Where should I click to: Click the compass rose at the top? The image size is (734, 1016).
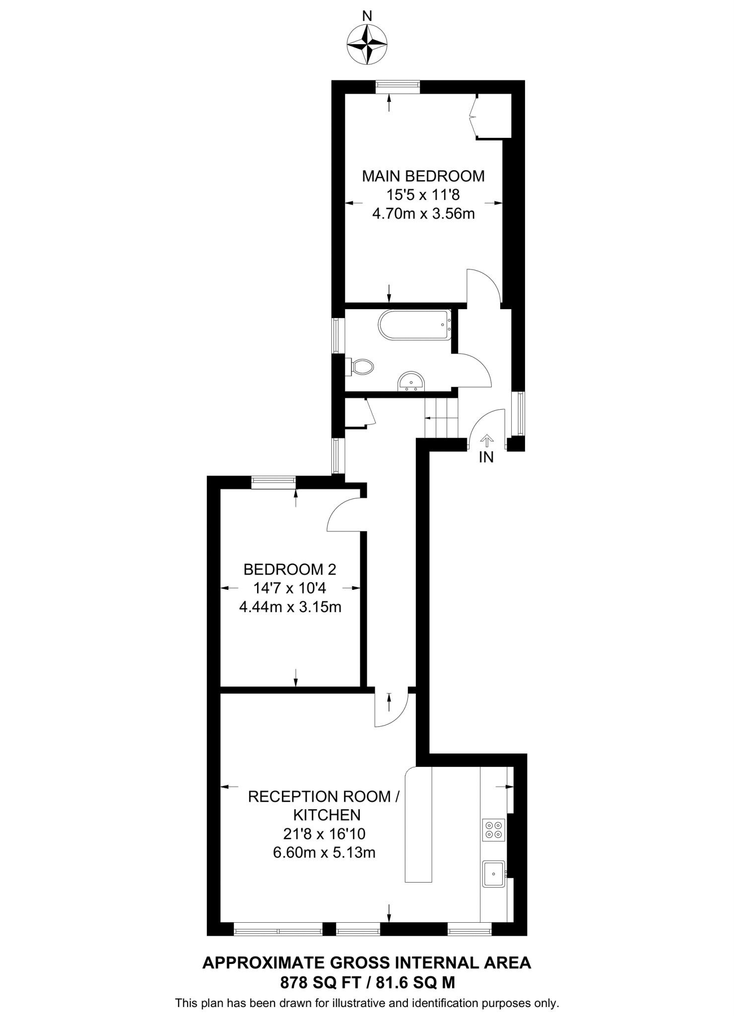coord(367,45)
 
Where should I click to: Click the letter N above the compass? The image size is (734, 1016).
coord(367,16)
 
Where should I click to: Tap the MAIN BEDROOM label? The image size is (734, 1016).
coord(423,176)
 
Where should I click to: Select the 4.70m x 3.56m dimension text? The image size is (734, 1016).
coord(423,214)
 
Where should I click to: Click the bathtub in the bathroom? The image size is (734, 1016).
coord(414,325)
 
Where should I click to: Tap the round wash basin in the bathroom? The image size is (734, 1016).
coord(411,381)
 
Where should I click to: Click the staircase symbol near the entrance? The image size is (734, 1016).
coord(441,418)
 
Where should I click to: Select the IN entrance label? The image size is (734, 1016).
coord(486,457)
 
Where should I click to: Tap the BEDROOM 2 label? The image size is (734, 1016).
coord(290,569)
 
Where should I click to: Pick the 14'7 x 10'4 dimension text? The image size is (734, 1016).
coord(290,588)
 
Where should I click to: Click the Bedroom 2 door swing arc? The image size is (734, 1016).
coord(342,516)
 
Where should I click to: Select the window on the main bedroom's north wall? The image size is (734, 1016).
coord(398,87)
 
